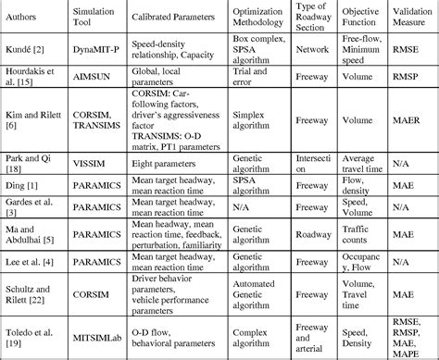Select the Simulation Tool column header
click(94, 19)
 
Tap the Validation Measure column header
click(408, 19)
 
